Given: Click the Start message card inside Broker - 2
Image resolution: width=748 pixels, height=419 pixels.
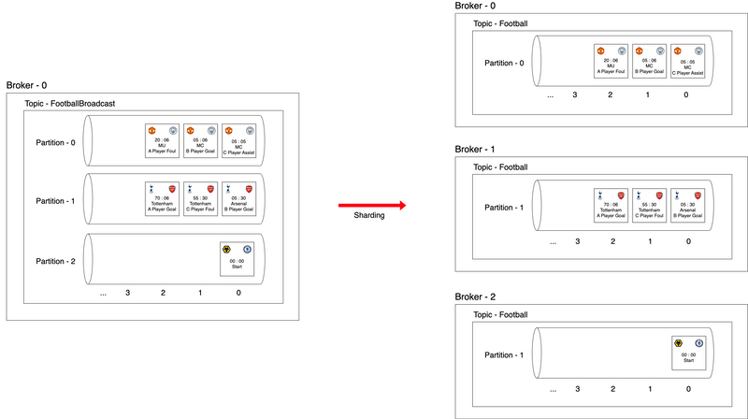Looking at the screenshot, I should tap(687, 354).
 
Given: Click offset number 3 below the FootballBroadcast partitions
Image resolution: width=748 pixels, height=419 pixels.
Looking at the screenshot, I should tap(128, 294).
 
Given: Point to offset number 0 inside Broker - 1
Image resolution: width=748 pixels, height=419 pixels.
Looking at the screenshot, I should tap(687, 240).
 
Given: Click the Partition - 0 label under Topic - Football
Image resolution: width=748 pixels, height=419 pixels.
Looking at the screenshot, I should tap(504, 63).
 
